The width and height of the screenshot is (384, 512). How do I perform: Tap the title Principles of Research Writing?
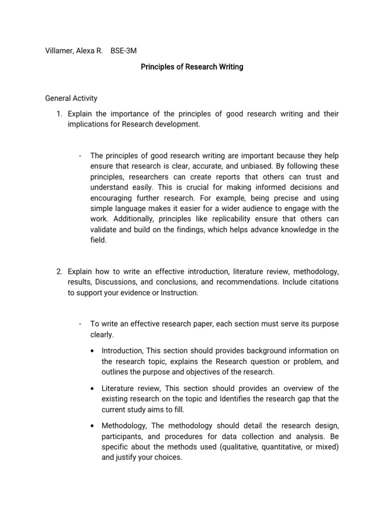[x=191, y=66]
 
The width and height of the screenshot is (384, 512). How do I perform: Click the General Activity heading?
[x=71, y=98]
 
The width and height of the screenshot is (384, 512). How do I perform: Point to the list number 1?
[x=59, y=114]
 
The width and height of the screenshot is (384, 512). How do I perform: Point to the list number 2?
[x=59, y=271]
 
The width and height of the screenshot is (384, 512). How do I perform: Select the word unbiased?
[x=271, y=166]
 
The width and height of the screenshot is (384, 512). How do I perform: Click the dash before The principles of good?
[x=80, y=155]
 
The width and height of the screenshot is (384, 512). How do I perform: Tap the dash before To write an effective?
[x=80, y=324]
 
